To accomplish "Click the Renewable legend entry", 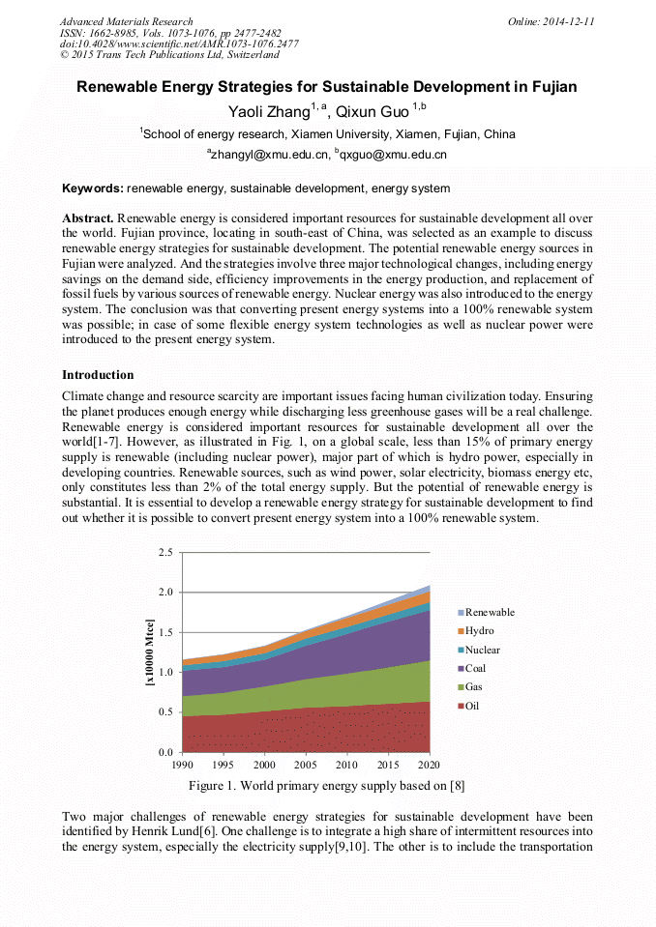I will [x=489, y=612].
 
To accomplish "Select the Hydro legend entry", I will [x=479, y=630].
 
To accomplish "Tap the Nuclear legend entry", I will [x=482, y=650].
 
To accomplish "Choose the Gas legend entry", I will [x=474, y=687].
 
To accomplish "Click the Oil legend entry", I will [x=472, y=706].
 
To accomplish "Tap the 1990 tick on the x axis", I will [x=181, y=764].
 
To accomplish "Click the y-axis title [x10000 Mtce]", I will [x=148, y=652].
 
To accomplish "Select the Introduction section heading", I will [x=98, y=374].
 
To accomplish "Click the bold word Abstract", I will [x=88, y=219].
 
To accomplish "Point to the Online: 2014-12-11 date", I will [x=552, y=21].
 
